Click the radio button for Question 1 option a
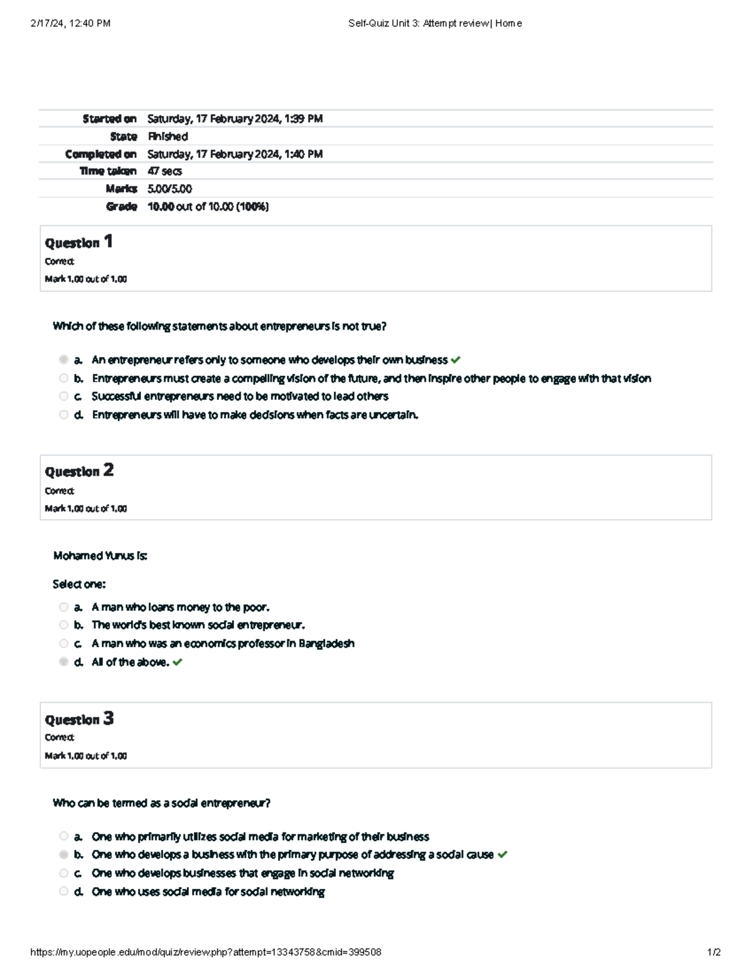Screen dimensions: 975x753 tap(63, 360)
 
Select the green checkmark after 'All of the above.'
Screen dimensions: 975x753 tap(178, 662)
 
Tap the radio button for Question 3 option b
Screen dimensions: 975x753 tap(63, 854)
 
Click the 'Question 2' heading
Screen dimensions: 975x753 tap(79, 471)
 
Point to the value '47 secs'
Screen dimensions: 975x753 tap(164, 171)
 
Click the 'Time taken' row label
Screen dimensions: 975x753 tap(108, 171)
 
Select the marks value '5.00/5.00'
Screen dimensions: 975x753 tap(169, 189)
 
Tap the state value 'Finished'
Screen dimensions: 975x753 tap(168, 136)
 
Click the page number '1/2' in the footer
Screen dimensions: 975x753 tap(713, 952)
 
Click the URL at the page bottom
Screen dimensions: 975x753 tap(206, 952)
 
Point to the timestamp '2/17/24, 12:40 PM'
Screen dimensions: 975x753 tap(70, 23)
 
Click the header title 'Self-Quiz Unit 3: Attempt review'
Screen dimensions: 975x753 tap(419, 23)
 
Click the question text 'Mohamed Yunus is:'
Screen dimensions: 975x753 tap(100, 556)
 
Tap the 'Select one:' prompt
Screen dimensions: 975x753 tap(79, 584)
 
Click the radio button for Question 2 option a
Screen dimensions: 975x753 tap(63, 607)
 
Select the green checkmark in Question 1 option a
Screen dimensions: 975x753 tap(456, 360)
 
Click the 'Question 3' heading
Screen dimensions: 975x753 tap(79, 719)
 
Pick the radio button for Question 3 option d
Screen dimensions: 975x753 tap(63, 891)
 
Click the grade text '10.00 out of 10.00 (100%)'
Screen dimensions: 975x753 tap(208, 207)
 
